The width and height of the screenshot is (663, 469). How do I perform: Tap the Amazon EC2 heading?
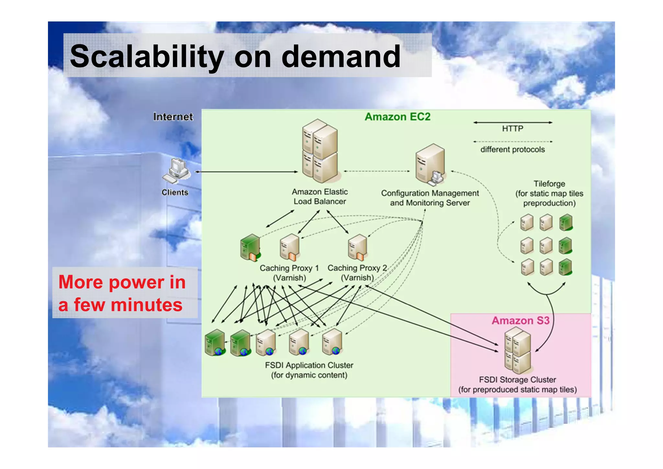click(397, 117)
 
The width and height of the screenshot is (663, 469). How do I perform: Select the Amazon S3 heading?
click(520, 321)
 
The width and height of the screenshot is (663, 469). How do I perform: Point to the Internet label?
click(173, 117)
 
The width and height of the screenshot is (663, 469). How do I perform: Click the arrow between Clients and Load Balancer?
click(246, 172)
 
